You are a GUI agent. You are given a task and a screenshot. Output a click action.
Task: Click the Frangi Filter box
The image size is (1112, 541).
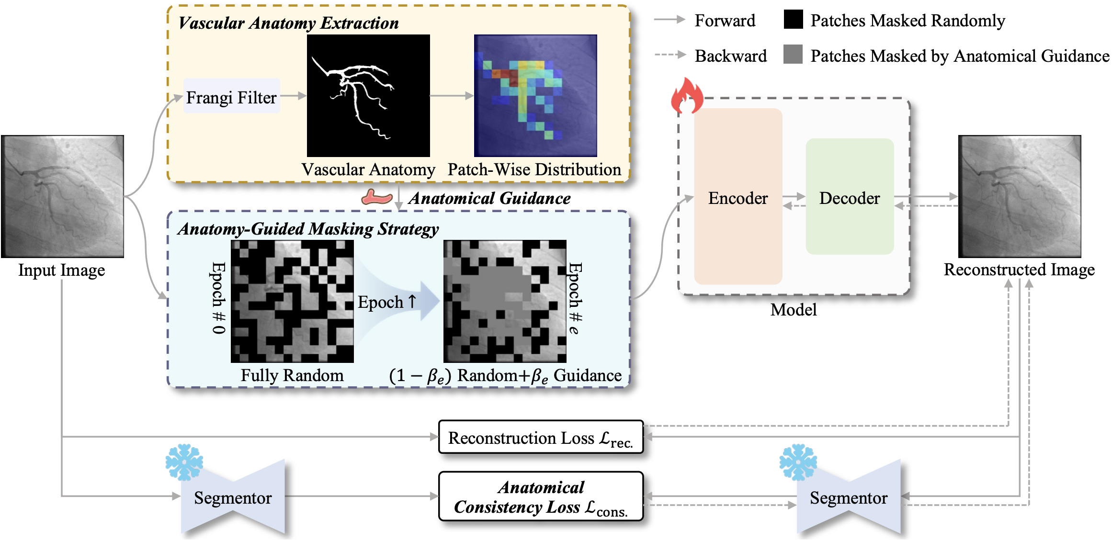231,97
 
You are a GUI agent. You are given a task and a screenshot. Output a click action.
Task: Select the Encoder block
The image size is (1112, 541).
738,197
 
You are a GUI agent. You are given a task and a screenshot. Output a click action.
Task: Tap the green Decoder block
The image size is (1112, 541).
849,197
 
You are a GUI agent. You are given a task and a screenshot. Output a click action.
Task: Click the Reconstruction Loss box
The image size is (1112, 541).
540,437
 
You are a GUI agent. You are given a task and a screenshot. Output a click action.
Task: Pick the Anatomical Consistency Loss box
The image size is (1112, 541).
540,496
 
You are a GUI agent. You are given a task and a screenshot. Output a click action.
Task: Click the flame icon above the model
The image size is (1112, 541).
687,95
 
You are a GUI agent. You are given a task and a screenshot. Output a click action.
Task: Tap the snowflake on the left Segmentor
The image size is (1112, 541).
184,462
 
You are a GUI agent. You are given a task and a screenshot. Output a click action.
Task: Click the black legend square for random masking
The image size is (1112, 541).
793,20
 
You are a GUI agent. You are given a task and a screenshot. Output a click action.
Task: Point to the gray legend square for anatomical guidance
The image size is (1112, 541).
793,55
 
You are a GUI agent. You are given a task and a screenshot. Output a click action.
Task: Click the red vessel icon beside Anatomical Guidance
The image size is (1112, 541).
376,197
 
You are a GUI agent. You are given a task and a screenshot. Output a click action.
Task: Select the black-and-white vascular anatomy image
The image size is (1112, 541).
368,96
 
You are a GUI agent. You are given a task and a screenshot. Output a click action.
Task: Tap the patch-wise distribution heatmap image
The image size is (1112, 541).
535,96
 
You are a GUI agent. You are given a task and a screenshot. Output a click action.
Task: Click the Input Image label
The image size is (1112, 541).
62,270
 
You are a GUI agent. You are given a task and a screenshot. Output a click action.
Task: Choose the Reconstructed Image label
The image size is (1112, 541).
1019,270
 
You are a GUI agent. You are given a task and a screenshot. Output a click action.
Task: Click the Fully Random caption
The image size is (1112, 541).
292,375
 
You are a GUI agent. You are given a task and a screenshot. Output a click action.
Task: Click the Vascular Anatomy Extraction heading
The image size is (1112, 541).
288,23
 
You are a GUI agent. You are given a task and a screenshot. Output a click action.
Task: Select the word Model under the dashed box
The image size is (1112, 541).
793,310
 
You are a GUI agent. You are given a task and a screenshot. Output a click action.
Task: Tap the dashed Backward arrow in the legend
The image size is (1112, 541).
670,55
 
